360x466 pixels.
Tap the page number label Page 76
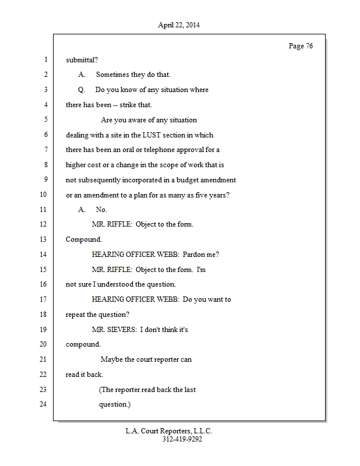301,46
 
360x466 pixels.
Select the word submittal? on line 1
82,59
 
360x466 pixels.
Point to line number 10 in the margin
43,195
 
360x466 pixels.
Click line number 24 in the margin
43,404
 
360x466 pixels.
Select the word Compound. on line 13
84,239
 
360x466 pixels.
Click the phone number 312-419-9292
182,440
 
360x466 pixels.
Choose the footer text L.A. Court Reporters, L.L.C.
169,432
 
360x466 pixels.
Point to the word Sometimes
114,75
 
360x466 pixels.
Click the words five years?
211,195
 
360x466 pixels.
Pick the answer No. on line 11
101,210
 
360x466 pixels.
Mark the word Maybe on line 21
111,359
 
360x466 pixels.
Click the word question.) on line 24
115,404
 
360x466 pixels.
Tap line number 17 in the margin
43,299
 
